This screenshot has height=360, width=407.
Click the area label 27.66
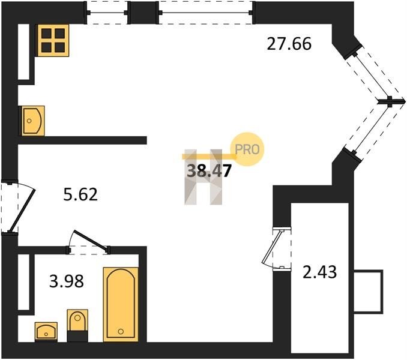(289, 44)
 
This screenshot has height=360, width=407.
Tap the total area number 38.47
(209, 171)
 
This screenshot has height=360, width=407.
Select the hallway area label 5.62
(80, 194)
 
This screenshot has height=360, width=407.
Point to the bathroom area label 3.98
(67, 281)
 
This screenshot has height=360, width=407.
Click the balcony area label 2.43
(320, 272)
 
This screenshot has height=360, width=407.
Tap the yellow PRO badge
(247, 149)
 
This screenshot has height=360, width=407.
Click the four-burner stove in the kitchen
(53, 40)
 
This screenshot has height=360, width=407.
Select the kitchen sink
(33, 121)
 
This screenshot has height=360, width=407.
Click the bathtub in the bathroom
(121, 304)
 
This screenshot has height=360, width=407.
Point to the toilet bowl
(77, 322)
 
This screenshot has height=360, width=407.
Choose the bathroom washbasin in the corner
(46, 331)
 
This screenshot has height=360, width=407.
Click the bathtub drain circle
(121, 331)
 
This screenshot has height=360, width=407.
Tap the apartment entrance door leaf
(22, 211)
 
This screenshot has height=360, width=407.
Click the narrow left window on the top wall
(107, 13)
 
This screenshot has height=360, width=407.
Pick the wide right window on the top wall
(205, 13)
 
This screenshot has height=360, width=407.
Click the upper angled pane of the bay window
(372, 77)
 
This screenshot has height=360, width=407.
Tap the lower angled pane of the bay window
(372, 127)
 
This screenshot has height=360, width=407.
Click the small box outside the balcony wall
(369, 292)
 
